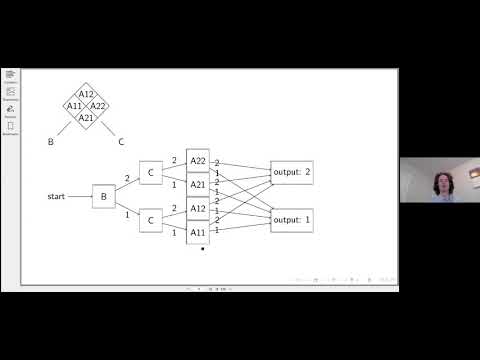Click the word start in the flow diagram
coord(56,195)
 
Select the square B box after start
coord(103,196)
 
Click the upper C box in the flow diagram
coord(150,172)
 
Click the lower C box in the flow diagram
coord(150,220)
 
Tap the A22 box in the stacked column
coord(198,162)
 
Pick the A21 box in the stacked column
coord(198,185)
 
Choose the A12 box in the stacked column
coord(198,209)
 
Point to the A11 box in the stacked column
coord(198,232)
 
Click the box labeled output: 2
coord(292,173)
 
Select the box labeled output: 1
coord(292,220)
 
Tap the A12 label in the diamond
coord(86,94)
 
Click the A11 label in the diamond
coord(74,106)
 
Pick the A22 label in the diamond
coord(98,106)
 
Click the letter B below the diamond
coord(51,142)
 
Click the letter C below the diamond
coord(121,142)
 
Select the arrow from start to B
coord(79,196)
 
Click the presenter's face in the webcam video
coord(441,183)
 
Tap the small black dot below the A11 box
coord(202,249)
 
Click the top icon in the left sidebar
coord(11,75)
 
